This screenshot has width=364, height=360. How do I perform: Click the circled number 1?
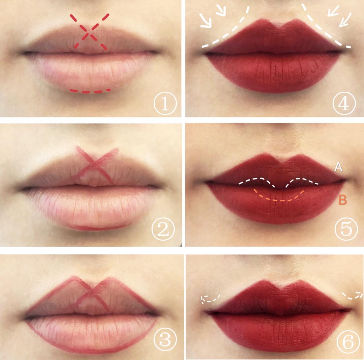tap(165, 104)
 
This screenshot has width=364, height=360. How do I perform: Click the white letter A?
tap(338, 167)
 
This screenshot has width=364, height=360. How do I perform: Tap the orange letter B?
tap(343, 200)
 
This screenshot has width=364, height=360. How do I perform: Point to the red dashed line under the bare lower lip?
tap(90, 91)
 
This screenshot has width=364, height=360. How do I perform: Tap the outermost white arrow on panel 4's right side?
tap(345, 19)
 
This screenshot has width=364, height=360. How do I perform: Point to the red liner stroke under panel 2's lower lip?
tap(96, 227)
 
